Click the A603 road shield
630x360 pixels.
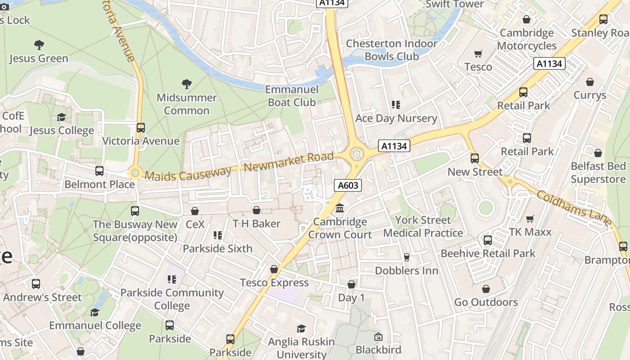pyautogui.click(x=348, y=185)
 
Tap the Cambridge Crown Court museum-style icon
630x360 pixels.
pyautogui.click(x=340, y=208)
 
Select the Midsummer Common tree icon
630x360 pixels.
pyautogui.click(x=186, y=84)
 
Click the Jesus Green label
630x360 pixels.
pyautogui.click(x=39, y=58)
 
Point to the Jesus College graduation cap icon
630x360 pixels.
pyautogui.click(x=61, y=117)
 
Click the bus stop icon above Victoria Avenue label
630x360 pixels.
pyautogui.click(x=141, y=127)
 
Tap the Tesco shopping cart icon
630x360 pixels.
pyautogui.click(x=478, y=54)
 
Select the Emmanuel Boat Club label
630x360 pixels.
pyautogui.click(x=292, y=96)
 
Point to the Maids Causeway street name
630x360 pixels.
pyautogui.click(x=188, y=173)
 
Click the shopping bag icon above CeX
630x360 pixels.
pyautogui.click(x=195, y=211)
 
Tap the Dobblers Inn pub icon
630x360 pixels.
pyautogui.click(x=406, y=257)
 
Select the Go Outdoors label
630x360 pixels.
pyautogui.click(x=486, y=302)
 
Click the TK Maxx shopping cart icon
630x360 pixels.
pyautogui.click(x=530, y=219)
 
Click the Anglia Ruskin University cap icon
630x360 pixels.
pyautogui.click(x=301, y=329)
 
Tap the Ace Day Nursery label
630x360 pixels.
pyautogui.click(x=396, y=118)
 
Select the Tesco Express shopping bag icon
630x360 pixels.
pyautogui.click(x=274, y=269)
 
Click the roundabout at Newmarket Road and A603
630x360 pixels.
pyautogui.click(x=356, y=154)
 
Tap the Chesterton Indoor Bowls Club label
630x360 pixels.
pyautogui.click(x=391, y=50)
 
